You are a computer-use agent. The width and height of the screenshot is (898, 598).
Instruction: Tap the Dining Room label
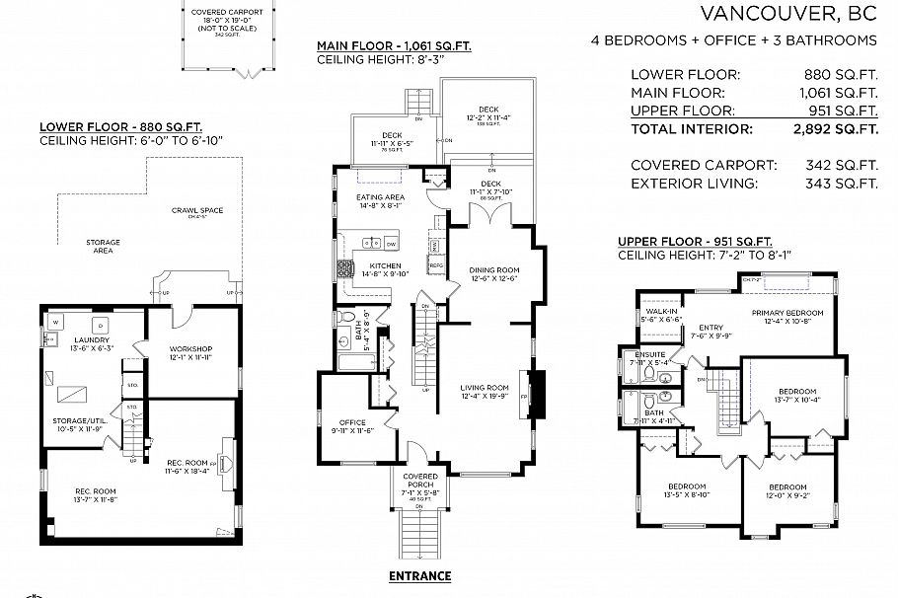click(x=492, y=268)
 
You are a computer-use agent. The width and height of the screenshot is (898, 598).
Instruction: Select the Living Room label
click(x=485, y=387)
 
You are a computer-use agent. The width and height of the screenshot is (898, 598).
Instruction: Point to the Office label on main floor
click(x=352, y=422)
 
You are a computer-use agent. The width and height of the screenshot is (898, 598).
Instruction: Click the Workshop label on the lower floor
click(x=191, y=348)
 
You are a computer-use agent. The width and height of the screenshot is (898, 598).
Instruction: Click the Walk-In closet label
click(x=659, y=312)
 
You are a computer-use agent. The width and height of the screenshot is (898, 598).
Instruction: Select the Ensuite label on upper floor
click(x=649, y=353)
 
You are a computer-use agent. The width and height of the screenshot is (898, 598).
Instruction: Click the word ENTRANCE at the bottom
click(x=419, y=576)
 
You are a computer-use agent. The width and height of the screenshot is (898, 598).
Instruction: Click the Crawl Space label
click(x=196, y=210)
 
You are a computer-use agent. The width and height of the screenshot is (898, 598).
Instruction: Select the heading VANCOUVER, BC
click(x=787, y=14)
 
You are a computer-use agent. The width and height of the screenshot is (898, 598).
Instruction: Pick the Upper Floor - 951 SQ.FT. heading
click(x=695, y=242)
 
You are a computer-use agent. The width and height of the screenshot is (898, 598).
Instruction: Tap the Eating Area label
click(x=379, y=198)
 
